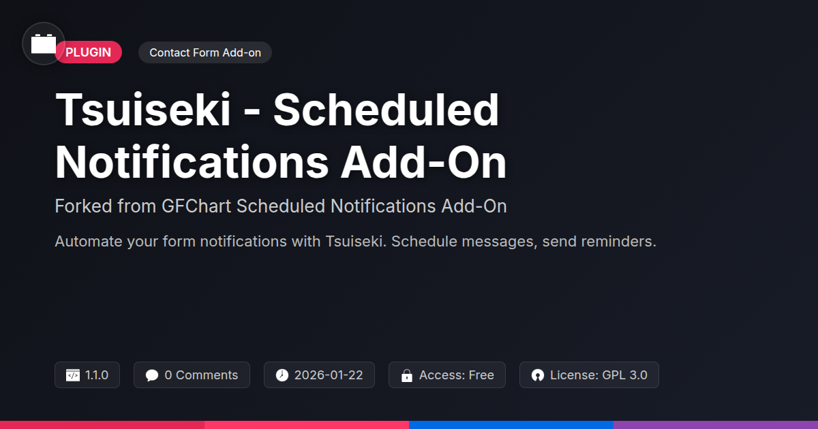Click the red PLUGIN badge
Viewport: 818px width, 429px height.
pos(89,52)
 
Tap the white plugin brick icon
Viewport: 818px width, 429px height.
pos(44,44)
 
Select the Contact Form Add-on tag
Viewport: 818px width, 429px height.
pos(205,52)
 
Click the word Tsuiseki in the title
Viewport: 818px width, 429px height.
pos(142,110)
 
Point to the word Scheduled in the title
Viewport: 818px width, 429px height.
pos(386,110)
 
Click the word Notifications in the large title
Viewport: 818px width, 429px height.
pos(192,162)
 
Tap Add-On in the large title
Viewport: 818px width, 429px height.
pos(423,162)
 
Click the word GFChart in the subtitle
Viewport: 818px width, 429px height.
pos(196,206)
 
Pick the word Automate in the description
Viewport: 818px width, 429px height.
pos(89,242)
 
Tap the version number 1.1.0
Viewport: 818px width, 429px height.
pos(97,375)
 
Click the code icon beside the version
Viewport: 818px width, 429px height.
pos(73,375)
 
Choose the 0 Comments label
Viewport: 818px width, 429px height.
pos(201,375)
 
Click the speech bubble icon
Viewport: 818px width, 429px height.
pos(152,375)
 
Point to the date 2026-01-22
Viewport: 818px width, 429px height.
pos(329,375)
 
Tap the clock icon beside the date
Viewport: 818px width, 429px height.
pos(282,375)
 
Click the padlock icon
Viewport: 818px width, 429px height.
pos(407,375)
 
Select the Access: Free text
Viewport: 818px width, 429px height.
pos(457,375)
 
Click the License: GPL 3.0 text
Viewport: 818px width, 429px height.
pos(599,375)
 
